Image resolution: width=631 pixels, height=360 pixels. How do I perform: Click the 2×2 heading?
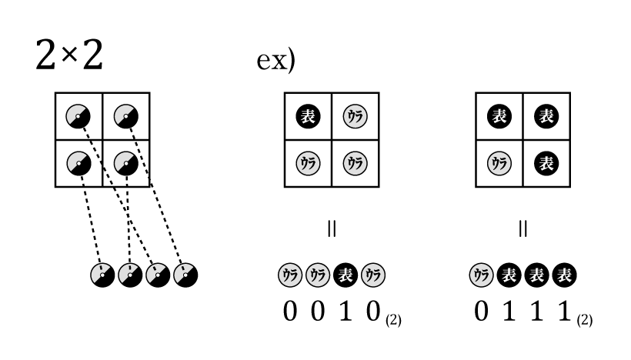coord(69,55)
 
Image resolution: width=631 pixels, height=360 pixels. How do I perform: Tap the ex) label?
coord(275,61)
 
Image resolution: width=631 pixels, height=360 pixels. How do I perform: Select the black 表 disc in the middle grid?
coord(308,116)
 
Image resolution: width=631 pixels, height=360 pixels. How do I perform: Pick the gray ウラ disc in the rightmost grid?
coord(499,163)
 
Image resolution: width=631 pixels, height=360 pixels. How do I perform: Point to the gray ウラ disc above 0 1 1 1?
coord(479,275)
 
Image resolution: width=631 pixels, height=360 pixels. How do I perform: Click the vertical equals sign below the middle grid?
coord(332,228)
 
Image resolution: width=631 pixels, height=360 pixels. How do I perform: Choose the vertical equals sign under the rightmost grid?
coord(523,228)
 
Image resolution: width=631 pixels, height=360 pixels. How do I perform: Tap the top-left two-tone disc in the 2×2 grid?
coord(78,116)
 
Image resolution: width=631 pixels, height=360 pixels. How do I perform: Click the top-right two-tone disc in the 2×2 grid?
coord(125,116)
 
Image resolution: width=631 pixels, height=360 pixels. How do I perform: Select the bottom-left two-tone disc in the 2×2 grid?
coord(78,163)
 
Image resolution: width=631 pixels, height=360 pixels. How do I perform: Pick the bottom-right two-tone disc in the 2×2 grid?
coord(125,163)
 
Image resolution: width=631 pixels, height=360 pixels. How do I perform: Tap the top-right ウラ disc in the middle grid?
coord(355,116)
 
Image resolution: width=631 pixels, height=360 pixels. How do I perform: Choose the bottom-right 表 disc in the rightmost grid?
coord(546,163)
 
